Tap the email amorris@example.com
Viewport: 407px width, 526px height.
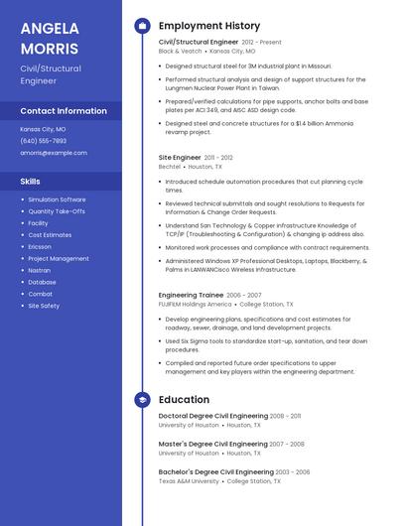[x=54, y=153]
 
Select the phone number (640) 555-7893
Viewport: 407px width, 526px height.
[x=44, y=141]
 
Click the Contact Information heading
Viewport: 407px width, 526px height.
[x=64, y=111]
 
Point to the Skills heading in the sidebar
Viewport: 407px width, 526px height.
[x=31, y=181]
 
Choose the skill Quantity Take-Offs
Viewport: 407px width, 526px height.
[x=57, y=211]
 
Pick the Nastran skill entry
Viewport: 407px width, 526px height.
[x=40, y=270]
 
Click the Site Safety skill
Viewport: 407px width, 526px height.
[x=44, y=306]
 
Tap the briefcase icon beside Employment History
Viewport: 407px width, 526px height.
[x=142, y=25]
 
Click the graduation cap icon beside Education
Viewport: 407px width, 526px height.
[x=142, y=399]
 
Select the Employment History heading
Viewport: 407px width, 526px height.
[x=208, y=25]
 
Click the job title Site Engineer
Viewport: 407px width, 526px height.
[x=180, y=157]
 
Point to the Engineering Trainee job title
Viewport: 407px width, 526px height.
[x=191, y=295]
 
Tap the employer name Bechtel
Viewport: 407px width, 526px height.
[x=170, y=167]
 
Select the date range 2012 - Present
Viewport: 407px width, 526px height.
[x=261, y=43]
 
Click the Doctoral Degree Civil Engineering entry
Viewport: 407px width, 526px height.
[x=213, y=416]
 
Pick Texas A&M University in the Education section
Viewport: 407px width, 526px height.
[x=189, y=481]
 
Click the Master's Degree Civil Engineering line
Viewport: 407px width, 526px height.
[x=212, y=444]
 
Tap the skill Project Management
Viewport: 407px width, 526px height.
[x=59, y=258]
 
